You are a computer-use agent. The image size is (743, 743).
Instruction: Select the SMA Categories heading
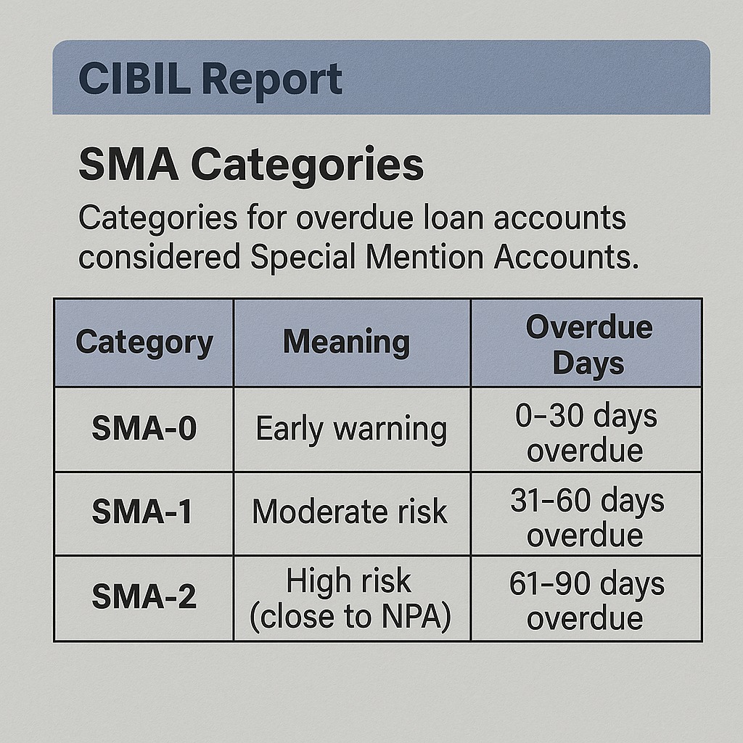pyautogui.click(x=250, y=165)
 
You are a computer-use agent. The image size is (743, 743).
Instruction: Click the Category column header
pyautogui.click(x=144, y=342)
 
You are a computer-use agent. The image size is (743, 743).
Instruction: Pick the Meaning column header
pyautogui.click(x=346, y=342)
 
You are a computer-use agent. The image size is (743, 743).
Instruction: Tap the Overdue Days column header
pyautogui.click(x=588, y=345)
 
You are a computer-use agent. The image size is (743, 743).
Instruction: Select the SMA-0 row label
pyautogui.click(x=144, y=429)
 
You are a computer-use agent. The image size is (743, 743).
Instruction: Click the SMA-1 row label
pyautogui.click(x=142, y=513)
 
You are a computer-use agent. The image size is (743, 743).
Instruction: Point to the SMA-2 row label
pyautogui.click(x=144, y=597)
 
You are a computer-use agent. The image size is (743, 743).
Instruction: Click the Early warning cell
pyautogui.click(x=351, y=429)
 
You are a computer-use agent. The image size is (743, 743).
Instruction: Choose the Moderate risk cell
pyautogui.click(x=350, y=512)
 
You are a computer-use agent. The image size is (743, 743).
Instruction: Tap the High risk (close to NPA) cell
pyautogui.click(x=350, y=599)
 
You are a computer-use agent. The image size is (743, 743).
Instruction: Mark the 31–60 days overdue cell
pyautogui.click(x=586, y=518)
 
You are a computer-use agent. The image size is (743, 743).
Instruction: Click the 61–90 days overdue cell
pyautogui.click(x=586, y=602)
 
